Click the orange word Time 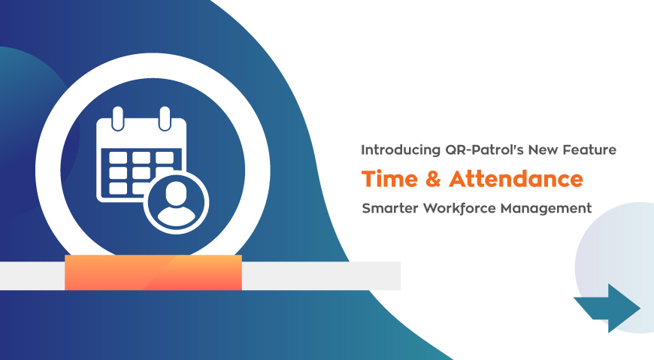pos(389,179)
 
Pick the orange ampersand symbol pos(433,179)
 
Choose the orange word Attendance pos(516,179)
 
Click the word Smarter pos(390,207)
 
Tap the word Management pos(546,208)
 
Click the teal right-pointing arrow pos(607,308)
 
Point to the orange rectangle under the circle pos(153,272)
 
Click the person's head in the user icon pos(176,193)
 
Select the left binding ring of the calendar pos(118,119)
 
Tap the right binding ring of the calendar pos(165,119)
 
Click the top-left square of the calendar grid pos(118,158)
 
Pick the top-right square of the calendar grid pos(165,158)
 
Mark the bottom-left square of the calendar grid pos(118,189)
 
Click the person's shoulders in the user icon pos(176,215)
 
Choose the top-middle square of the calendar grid pos(141,158)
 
